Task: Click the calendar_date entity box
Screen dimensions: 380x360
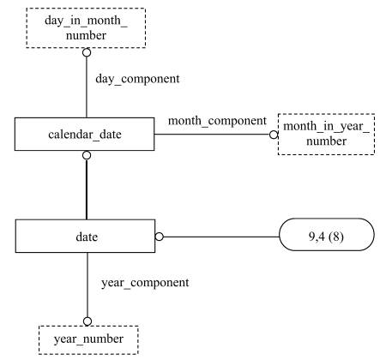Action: point(85,134)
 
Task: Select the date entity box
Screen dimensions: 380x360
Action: point(85,236)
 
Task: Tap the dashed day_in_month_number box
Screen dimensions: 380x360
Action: point(86,27)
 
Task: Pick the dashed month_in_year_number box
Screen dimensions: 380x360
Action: point(326,135)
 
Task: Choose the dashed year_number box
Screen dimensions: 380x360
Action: point(88,340)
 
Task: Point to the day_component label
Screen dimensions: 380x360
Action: point(137,79)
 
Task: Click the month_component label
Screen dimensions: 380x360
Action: point(217,121)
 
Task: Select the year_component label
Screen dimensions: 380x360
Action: point(145,283)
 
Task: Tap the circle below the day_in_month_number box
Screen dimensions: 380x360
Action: point(87,52)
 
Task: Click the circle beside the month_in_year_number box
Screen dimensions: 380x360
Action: point(274,135)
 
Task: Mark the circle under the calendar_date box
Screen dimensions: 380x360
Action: point(87,155)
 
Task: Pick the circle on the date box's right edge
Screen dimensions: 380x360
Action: point(160,237)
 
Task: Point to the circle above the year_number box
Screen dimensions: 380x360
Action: point(87,321)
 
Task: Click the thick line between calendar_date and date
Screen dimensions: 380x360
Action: point(87,189)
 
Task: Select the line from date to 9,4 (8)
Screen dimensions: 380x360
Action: point(221,237)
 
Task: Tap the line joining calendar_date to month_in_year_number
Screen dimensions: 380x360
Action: point(212,135)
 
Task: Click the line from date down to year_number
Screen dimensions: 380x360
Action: point(87,285)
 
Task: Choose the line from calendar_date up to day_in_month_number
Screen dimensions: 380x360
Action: point(87,87)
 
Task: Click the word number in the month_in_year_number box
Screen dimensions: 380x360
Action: point(326,141)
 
